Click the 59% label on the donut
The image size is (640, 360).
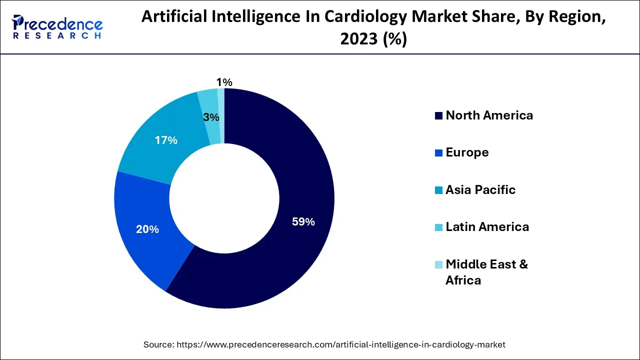click(x=303, y=222)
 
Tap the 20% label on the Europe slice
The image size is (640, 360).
click(x=147, y=229)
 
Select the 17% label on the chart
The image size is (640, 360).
click(x=166, y=140)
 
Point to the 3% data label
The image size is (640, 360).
click(x=211, y=117)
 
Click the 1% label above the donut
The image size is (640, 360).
click(x=224, y=82)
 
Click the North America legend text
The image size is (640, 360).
click(x=489, y=115)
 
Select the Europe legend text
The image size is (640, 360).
click(x=467, y=152)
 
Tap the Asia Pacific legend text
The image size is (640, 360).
click(x=480, y=190)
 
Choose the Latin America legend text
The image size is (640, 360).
click(x=487, y=227)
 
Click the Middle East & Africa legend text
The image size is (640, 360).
click(x=486, y=272)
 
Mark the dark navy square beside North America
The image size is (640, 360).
click(x=438, y=116)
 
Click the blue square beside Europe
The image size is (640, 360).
click(x=438, y=153)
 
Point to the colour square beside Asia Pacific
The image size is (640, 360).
click(x=438, y=190)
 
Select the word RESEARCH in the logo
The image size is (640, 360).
click(x=57, y=36)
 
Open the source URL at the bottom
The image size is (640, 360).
click(x=341, y=344)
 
